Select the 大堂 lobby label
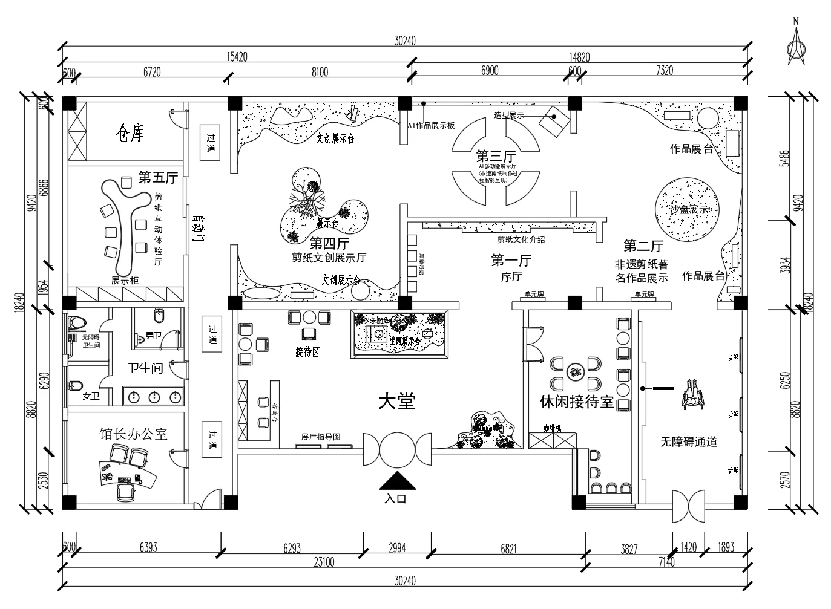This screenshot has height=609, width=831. tap(396, 401)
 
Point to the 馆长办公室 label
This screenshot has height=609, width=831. tap(133, 434)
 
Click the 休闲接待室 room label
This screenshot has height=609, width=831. tap(577, 402)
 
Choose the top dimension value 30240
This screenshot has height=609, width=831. tap(405, 41)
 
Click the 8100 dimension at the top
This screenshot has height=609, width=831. tap(320, 72)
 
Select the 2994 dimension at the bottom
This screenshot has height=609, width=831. tap(396, 548)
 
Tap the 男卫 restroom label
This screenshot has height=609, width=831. tap(153, 336)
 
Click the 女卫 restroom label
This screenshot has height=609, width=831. tap(91, 397)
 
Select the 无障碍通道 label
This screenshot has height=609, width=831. tap(689, 442)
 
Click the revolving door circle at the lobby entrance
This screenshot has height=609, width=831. tap(397, 449)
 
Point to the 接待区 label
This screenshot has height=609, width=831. tap(307, 353)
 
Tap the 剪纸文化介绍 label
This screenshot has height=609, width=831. tap(521, 239)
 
